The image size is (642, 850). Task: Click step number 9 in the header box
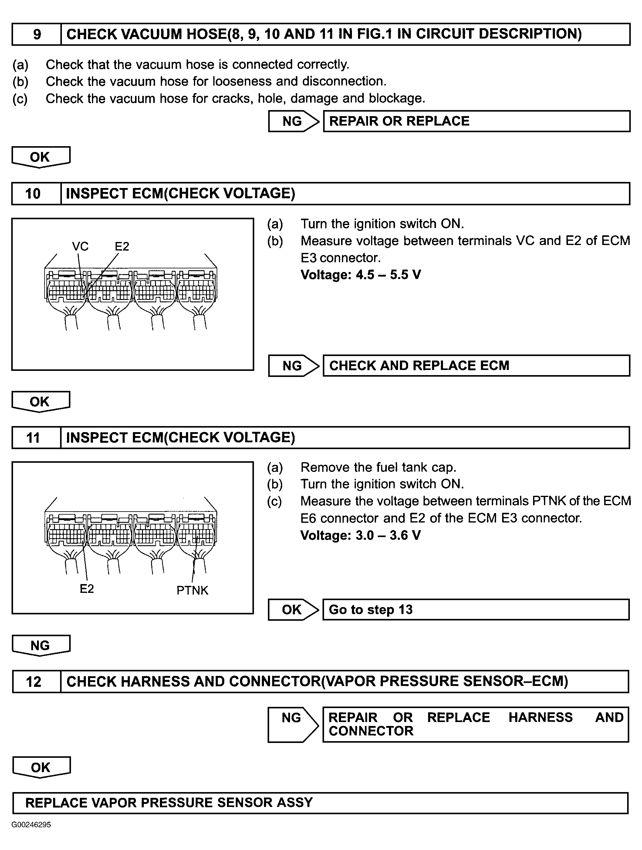(37, 35)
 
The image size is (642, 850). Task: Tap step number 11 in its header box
(33, 438)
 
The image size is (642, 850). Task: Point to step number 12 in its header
(33, 682)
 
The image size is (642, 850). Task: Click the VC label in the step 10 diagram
(80, 246)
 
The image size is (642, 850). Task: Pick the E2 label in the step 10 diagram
(122, 246)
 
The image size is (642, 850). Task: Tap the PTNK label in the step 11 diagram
(192, 590)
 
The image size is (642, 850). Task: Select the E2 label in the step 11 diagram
(86, 589)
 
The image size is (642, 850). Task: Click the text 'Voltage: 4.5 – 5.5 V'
(361, 275)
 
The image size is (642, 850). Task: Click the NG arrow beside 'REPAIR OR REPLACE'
(293, 121)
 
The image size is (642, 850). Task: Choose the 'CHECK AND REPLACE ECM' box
(476, 365)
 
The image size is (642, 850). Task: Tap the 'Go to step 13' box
(475, 610)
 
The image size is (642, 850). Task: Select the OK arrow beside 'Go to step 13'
(292, 610)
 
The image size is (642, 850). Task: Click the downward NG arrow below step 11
(41, 645)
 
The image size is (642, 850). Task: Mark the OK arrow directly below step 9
(40, 157)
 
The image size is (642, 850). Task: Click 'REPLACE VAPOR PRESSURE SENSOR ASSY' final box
(320, 803)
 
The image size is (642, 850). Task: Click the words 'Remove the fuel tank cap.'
(378, 467)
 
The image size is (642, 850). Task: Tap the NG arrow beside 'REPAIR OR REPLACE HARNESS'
(292, 724)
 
